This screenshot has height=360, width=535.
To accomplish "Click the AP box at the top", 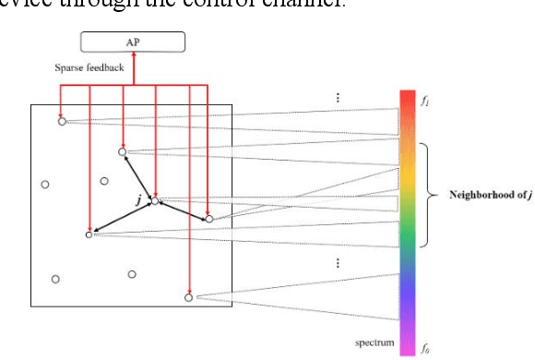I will [x=133, y=41].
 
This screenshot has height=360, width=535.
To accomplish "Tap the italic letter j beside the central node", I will [x=138, y=198].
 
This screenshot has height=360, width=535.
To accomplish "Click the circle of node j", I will [x=155, y=200].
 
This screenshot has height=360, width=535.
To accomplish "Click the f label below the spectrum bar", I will [x=424, y=350].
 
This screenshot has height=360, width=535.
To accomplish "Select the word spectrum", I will [x=375, y=343].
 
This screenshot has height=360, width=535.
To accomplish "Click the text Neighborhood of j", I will [x=491, y=195].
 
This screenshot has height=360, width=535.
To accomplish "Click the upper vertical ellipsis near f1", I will [x=339, y=97].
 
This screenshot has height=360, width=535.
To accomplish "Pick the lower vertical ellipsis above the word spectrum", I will [x=339, y=263].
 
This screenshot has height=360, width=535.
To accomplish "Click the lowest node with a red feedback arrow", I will [x=189, y=297].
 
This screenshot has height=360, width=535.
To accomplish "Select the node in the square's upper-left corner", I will [x=62, y=121].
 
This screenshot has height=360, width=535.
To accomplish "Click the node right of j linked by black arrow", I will [x=209, y=219].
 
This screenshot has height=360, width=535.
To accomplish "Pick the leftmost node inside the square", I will [x=45, y=185].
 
